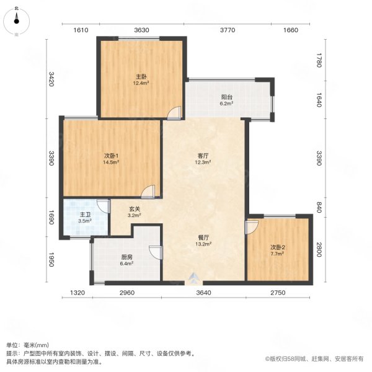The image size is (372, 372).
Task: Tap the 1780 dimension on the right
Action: coord(319,61)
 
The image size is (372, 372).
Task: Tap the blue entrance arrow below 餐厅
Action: coord(195,277)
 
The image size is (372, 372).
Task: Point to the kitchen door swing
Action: coord(155,252)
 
